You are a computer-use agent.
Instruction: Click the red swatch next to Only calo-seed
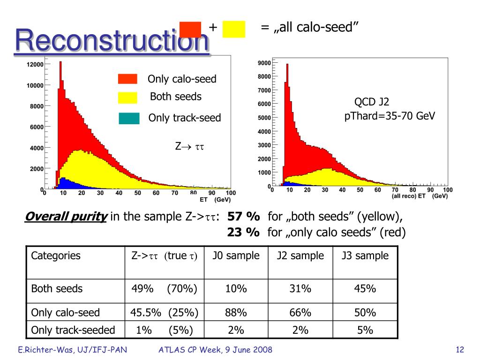(127, 79)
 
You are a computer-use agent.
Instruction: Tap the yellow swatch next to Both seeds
(127, 97)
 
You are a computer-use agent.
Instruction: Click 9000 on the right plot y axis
(264, 63)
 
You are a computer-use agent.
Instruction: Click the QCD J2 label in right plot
(371, 102)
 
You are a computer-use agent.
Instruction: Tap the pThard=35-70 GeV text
(390, 116)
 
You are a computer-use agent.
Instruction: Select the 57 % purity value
(243, 217)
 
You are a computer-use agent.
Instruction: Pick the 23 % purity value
(243, 232)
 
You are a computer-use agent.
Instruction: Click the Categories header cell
(56, 256)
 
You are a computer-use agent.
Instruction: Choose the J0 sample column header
(236, 256)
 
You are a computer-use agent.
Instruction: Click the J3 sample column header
(365, 256)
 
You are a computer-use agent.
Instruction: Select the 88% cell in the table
(236, 313)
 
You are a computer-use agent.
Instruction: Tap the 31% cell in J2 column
(300, 289)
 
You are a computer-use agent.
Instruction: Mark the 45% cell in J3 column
(365, 289)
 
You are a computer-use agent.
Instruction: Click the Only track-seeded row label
(73, 330)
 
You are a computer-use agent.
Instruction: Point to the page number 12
(459, 350)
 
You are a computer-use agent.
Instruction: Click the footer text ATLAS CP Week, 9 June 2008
(216, 350)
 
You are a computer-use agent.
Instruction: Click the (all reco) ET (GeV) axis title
(420, 196)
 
